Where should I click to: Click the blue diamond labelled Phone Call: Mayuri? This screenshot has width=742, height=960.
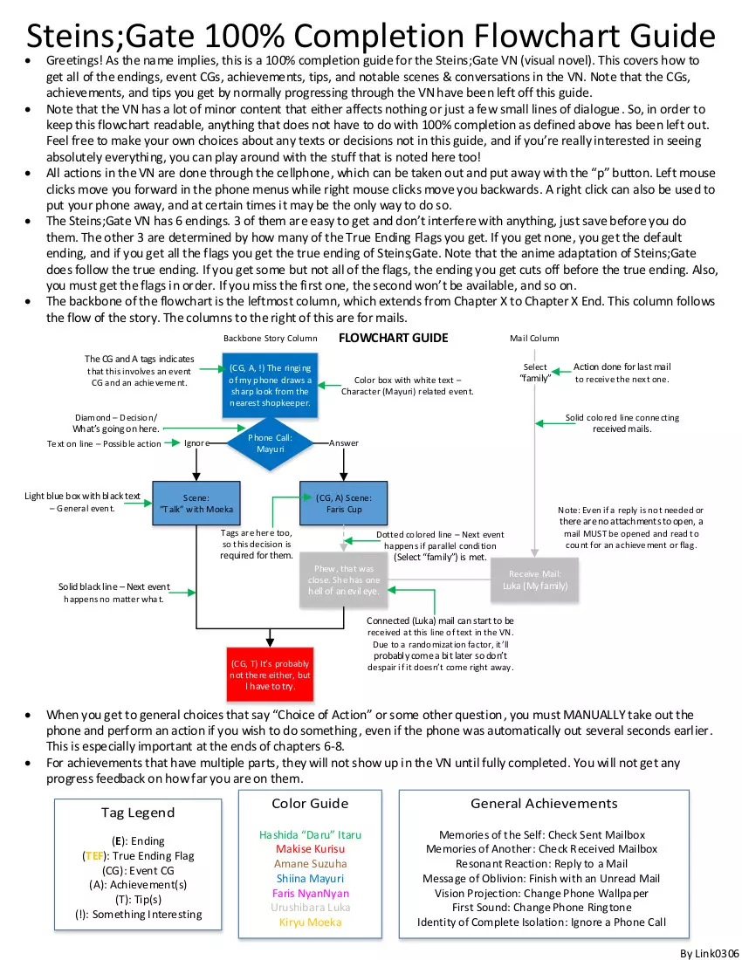[271, 442]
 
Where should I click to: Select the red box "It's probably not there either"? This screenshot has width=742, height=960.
[269, 675]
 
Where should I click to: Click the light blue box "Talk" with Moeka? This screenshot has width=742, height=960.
[196, 504]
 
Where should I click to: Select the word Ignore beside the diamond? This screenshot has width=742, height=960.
[197, 443]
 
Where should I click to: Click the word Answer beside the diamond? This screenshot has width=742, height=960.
[344, 443]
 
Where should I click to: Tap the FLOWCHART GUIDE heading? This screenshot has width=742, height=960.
[393, 338]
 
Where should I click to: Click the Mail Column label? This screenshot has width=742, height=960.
[534, 339]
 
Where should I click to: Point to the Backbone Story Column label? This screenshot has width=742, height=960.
[270, 339]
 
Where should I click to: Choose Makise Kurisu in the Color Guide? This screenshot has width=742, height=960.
[310, 848]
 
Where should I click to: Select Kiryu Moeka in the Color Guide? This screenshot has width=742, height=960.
[310, 922]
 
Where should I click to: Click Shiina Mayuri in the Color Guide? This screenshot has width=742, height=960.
[310, 878]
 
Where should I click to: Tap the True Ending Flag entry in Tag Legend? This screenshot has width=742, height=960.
[137, 856]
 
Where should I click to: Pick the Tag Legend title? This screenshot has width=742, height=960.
[138, 813]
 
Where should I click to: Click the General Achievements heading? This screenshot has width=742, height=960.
[544, 804]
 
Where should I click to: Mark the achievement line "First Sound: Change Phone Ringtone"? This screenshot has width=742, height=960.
[541, 908]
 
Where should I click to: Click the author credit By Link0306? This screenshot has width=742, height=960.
[710, 952]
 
